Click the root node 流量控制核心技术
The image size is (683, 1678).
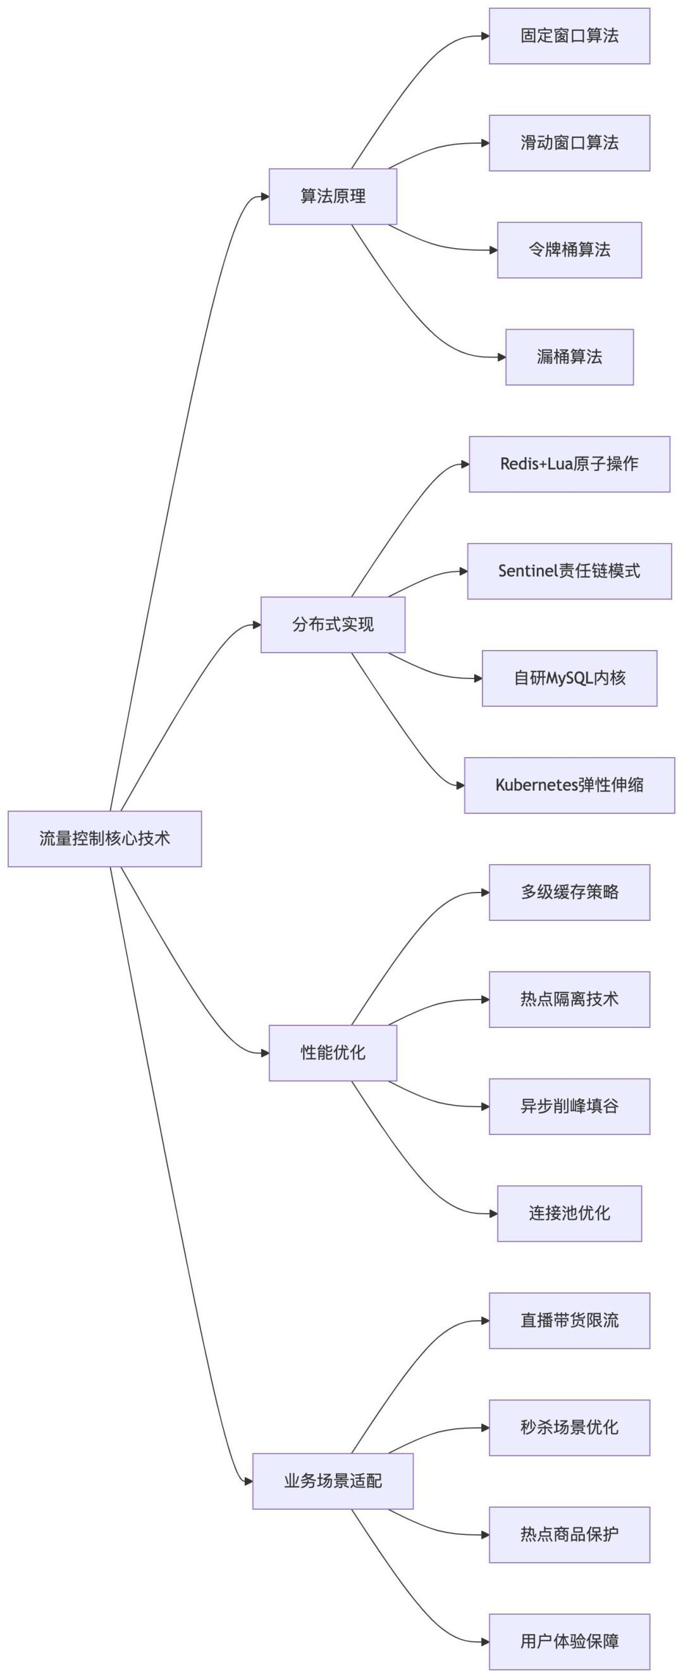point(104,838)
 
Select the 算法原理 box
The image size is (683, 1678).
point(333,196)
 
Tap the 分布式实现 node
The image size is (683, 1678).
point(333,625)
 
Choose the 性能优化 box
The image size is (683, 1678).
point(333,1053)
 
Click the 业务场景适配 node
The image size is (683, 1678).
point(333,1481)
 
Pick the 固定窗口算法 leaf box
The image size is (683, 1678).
point(569,36)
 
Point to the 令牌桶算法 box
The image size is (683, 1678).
point(569,249)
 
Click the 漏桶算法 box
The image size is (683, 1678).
point(569,357)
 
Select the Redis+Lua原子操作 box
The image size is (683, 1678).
point(569,464)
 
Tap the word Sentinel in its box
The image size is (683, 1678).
point(528,572)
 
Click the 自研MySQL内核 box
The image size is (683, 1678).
point(569,678)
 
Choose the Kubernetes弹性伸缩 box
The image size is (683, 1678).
point(569,785)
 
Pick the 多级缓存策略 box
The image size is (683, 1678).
point(569,892)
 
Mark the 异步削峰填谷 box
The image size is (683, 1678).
point(569,1106)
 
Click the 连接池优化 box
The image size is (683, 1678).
point(569,1213)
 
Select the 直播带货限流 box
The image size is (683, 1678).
point(569,1320)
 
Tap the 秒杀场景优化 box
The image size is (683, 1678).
point(569,1427)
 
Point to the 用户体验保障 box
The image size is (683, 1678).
point(569,1641)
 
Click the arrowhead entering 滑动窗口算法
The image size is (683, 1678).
point(485,143)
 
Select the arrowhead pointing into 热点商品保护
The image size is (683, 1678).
point(485,1535)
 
